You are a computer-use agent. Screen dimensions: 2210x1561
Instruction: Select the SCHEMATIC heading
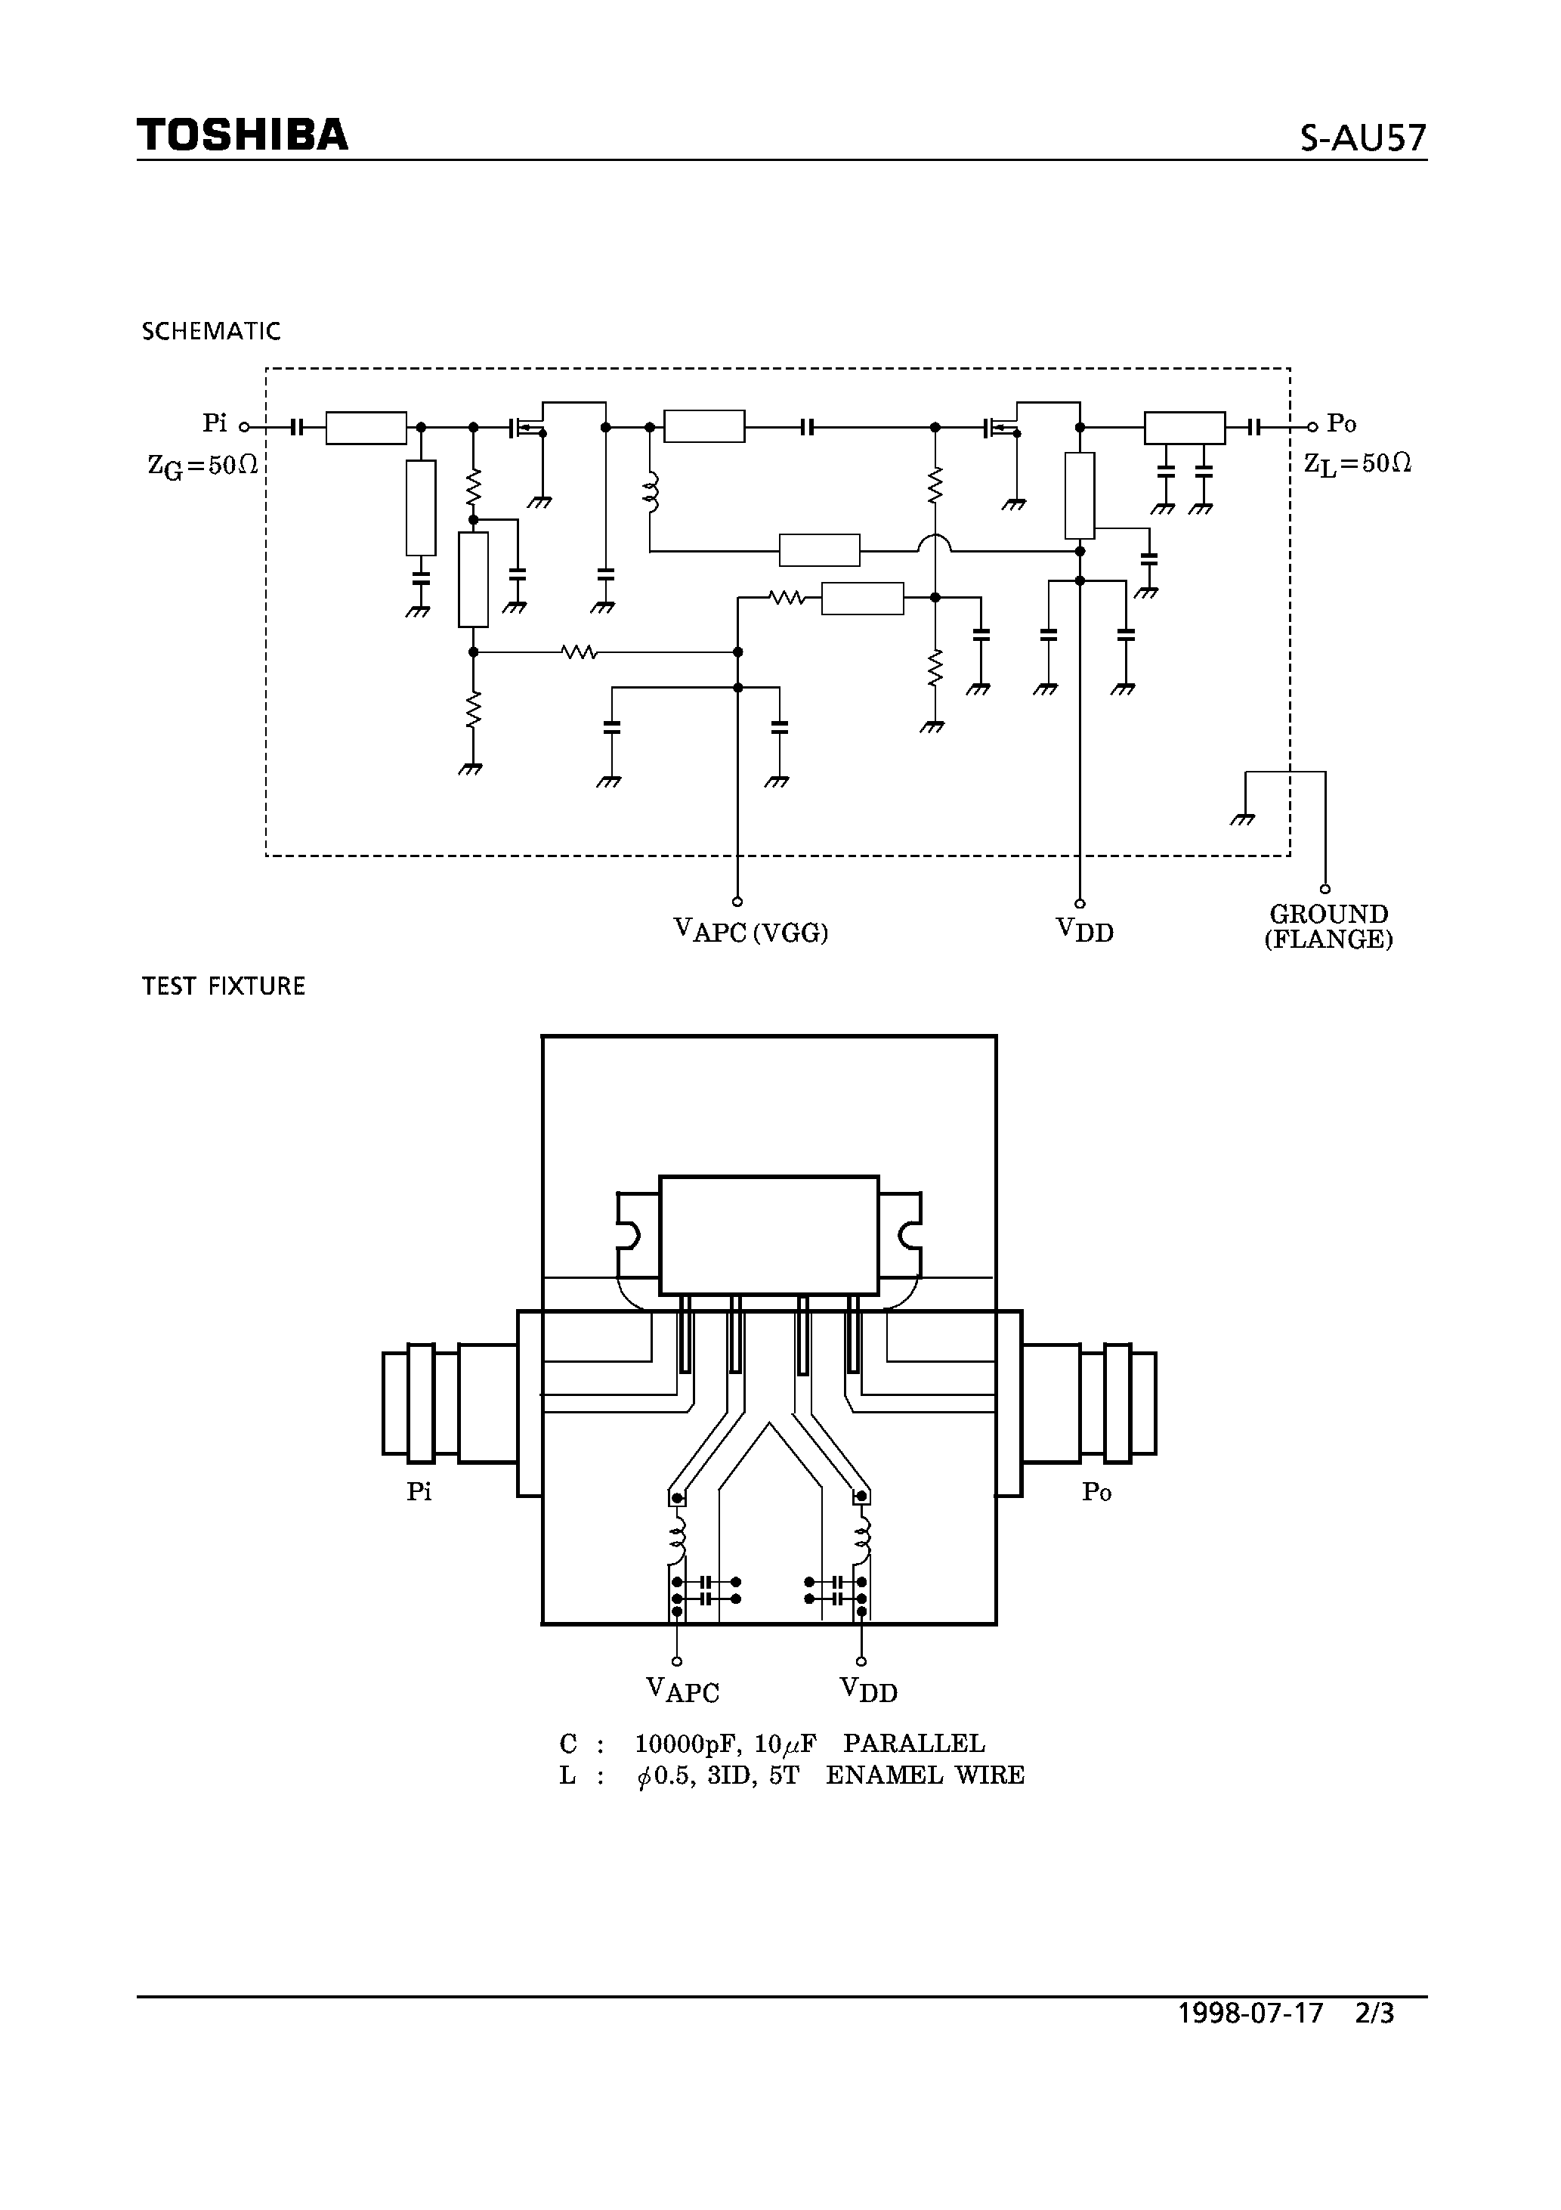pos(211,331)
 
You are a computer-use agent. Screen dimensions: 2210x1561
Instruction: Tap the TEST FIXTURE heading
pos(224,986)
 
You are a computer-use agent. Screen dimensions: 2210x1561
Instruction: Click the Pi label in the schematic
pos(215,423)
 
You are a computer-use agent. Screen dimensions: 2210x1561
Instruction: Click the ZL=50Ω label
pos(1357,464)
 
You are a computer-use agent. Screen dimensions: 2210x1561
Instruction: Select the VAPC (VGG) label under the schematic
pos(751,930)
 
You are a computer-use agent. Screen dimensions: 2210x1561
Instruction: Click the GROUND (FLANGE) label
pos(1328,927)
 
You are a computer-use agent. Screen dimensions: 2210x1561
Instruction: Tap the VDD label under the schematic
pos(1085,930)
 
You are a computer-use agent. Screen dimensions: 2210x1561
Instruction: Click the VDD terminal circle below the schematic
pos(1080,904)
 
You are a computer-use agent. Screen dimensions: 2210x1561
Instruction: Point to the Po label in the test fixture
pos(1096,1492)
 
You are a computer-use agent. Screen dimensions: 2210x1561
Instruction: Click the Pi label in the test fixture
pos(419,1492)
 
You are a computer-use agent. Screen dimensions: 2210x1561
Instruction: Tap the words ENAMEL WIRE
pos(925,1775)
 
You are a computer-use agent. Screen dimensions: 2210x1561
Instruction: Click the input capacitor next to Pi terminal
pos(298,426)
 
